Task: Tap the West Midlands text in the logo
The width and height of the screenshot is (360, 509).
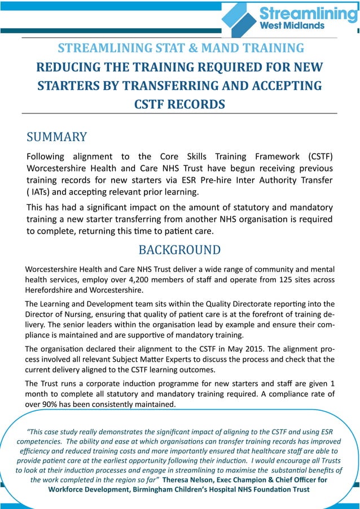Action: [292, 26]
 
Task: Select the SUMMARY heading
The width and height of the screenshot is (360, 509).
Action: [57, 137]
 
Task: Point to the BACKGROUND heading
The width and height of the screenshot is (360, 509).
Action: [179, 249]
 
